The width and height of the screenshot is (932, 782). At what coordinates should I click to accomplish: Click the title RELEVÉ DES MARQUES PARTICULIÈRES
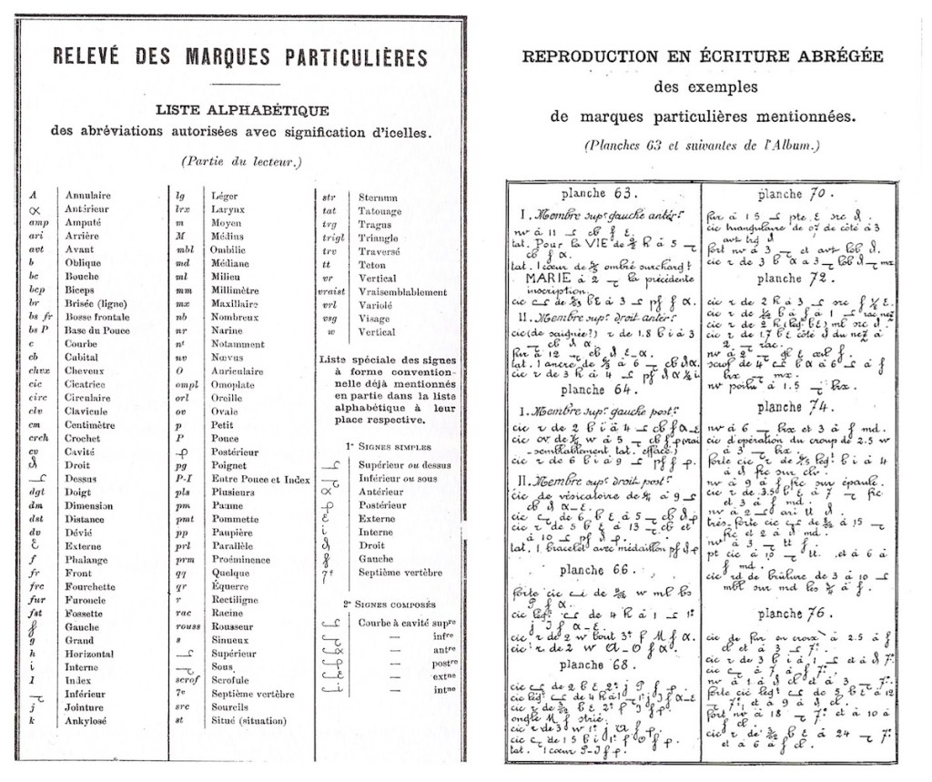click(239, 56)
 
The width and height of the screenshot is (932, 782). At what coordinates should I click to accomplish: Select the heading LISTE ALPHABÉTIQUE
click(241, 110)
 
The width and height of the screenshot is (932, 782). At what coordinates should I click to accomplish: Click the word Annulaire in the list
click(87, 196)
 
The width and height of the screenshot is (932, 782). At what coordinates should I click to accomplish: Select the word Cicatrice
click(86, 384)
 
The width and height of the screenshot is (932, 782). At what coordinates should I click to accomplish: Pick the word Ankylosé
click(87, 721)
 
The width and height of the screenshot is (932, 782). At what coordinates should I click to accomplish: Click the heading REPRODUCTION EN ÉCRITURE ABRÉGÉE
click(702, 56)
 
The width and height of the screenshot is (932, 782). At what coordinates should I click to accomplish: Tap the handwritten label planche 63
click(600, 194)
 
